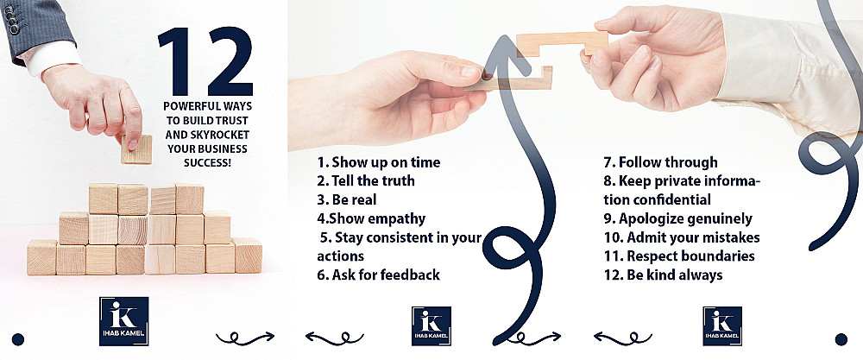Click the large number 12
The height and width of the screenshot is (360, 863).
coord(205,61)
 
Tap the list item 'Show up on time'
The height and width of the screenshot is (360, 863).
coord(379,162)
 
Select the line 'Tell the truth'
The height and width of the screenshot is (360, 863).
coord(365,180)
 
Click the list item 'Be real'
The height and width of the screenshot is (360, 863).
coord(347,199)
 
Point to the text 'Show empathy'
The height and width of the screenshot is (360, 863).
coord(371,218)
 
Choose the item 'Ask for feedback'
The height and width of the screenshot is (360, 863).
coord(379,275)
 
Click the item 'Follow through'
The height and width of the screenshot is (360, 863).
coord(660,162)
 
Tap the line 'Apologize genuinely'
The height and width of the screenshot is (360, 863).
coord(677,218)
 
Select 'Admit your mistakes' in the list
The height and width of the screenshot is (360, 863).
coord(682,237)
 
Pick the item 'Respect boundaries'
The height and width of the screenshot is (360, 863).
coord(679,256)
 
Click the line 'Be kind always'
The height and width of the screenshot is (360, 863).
coord(663,275)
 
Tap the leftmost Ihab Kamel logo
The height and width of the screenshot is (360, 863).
coord(123,321)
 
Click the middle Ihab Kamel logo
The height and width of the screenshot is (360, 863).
coord(431,325)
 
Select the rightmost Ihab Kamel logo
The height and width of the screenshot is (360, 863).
coord(722,325)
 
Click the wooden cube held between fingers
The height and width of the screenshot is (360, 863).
coord(136,149)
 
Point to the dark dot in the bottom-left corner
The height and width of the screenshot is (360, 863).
coord(17,339)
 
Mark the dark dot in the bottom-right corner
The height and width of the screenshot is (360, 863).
coord(841,339)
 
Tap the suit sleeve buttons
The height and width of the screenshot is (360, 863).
coord(13,20)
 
